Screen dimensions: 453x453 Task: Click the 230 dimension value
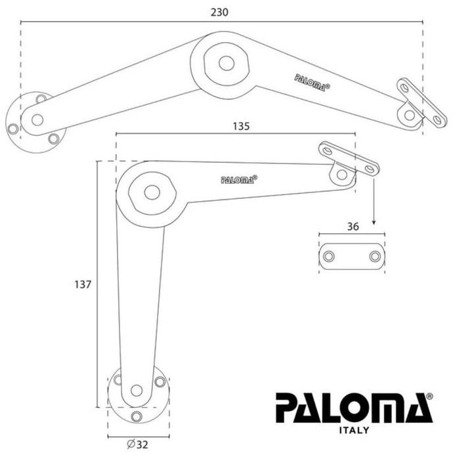221,12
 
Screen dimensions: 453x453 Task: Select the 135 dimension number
241,126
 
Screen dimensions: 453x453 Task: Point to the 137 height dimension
83,285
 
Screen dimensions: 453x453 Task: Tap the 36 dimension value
353,226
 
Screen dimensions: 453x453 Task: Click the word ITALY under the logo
354,430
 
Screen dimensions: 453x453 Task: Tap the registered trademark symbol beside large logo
429,397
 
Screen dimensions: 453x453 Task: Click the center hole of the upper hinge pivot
226,63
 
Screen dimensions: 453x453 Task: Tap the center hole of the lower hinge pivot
152,192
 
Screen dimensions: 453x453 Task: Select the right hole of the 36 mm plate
374,256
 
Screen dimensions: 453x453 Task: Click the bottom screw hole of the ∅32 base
136,416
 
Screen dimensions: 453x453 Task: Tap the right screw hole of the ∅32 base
160,381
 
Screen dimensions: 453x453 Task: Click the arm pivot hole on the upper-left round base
37,119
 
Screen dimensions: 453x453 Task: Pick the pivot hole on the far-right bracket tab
410,115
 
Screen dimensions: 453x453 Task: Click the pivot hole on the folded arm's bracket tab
341,174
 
